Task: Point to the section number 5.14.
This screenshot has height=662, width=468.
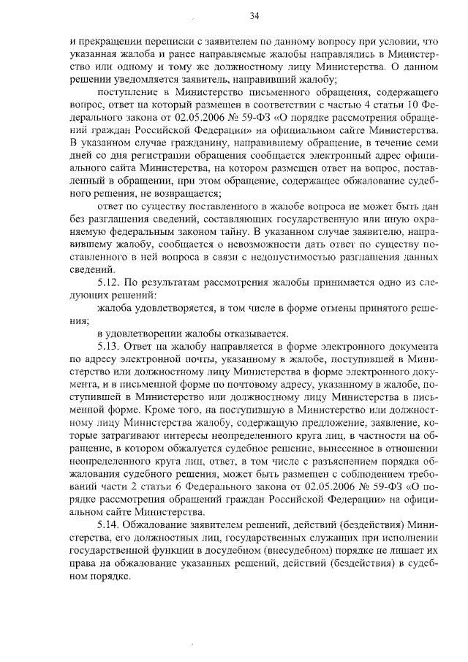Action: pos(109,525)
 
